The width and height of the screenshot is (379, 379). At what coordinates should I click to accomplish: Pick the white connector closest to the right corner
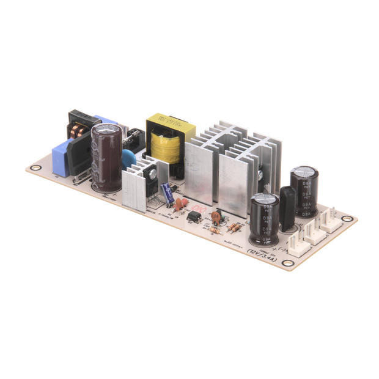[x=332, y=221]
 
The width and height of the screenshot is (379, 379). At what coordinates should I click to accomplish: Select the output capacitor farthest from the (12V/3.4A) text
[x=304, y=189]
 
